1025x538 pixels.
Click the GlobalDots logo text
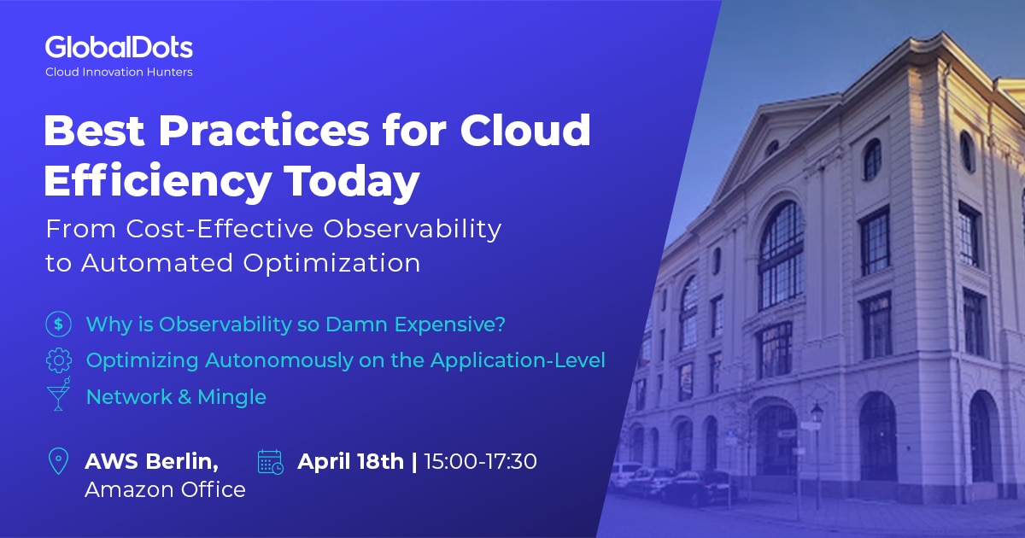click(x=119, y=47)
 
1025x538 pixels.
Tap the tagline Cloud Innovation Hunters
click(x=119, y=73)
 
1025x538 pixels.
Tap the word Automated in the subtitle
click(x=179, y=263)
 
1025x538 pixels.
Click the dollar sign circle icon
click(x=58, y=325)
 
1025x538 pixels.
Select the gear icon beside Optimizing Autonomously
click(x=58, y=360)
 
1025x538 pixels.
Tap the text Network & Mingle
click(x=176, y=397)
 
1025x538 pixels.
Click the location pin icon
click(x=58, y=462)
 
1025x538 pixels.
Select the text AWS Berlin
click(x=151, y=462)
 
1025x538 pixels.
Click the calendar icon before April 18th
click(x=270, y=462)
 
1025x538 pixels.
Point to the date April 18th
click(x=350, y=462)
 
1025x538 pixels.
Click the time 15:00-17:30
click(x=480, y=462)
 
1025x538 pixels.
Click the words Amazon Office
click(x=165, y=489)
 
